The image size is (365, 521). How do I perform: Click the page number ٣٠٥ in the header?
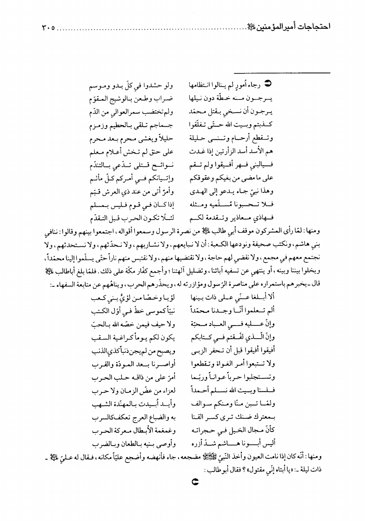point(45,28)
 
